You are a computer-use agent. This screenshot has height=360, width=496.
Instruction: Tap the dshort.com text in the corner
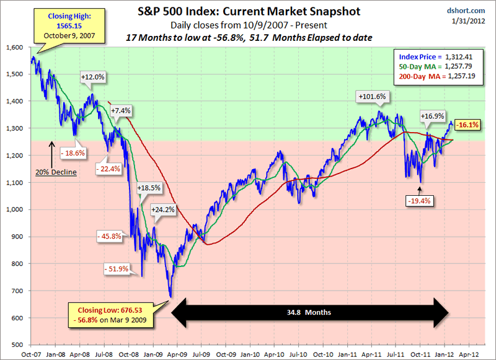click(x=474, y=11)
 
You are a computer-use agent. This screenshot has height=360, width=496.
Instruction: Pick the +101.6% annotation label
click(x=372, y=97)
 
